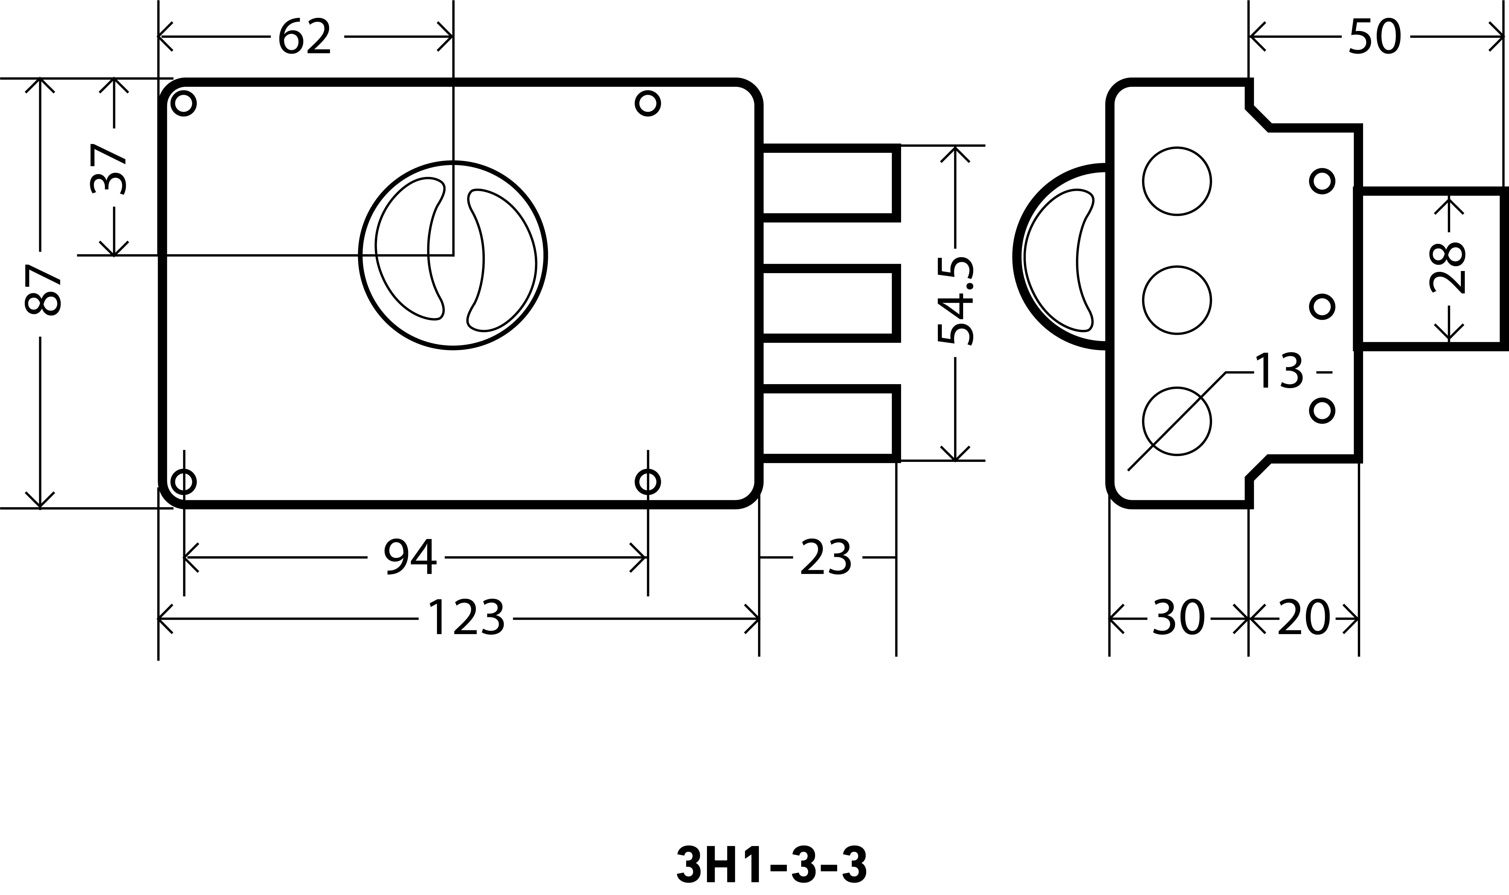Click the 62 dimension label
coord(305,37)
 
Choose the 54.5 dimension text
coord(956,302)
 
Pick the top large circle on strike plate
coord(1177,181)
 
